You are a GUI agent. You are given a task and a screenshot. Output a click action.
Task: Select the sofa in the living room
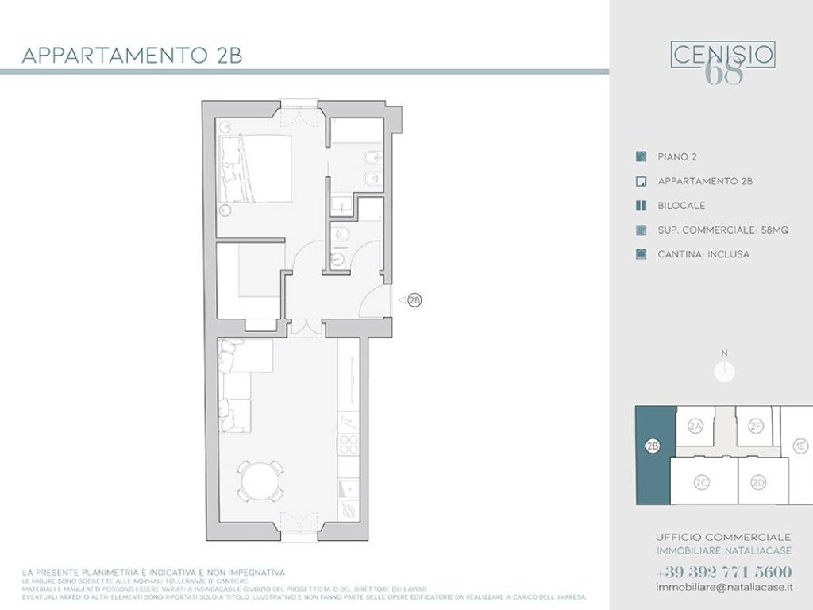237,386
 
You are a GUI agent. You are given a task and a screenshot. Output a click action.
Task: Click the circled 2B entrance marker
414,300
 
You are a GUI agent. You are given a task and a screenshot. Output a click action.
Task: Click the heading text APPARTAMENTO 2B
131,56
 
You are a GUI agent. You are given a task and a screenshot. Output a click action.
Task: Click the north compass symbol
724,370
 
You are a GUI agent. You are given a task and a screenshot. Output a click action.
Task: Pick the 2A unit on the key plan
695,427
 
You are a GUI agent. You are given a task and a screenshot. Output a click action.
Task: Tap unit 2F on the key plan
755,427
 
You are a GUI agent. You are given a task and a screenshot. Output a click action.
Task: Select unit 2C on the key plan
701,482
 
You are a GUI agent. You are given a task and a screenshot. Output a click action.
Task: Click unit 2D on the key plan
759,482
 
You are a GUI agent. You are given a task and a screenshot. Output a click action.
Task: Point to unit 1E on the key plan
801,446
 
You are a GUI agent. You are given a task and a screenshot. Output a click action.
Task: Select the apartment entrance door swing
373,302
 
